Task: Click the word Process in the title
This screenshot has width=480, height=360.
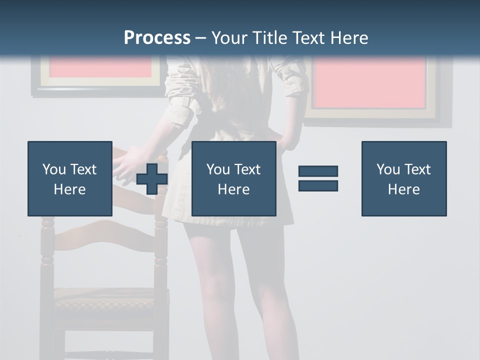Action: tap(157, 37)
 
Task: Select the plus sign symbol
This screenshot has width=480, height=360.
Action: tap(152, 179)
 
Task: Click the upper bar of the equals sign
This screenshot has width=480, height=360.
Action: tap(318, 171)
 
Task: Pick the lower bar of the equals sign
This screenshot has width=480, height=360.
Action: tap(318, 185)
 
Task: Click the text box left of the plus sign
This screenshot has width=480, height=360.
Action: tap(70, 178)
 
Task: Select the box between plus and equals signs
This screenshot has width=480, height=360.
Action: tap(233, 178)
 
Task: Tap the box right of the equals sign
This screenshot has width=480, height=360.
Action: tap(403, 178)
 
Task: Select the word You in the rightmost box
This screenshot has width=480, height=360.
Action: tap(387, 169)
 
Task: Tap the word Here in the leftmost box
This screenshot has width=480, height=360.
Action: tap(70, 189)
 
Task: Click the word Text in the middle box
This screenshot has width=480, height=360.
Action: tap(247, 169)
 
